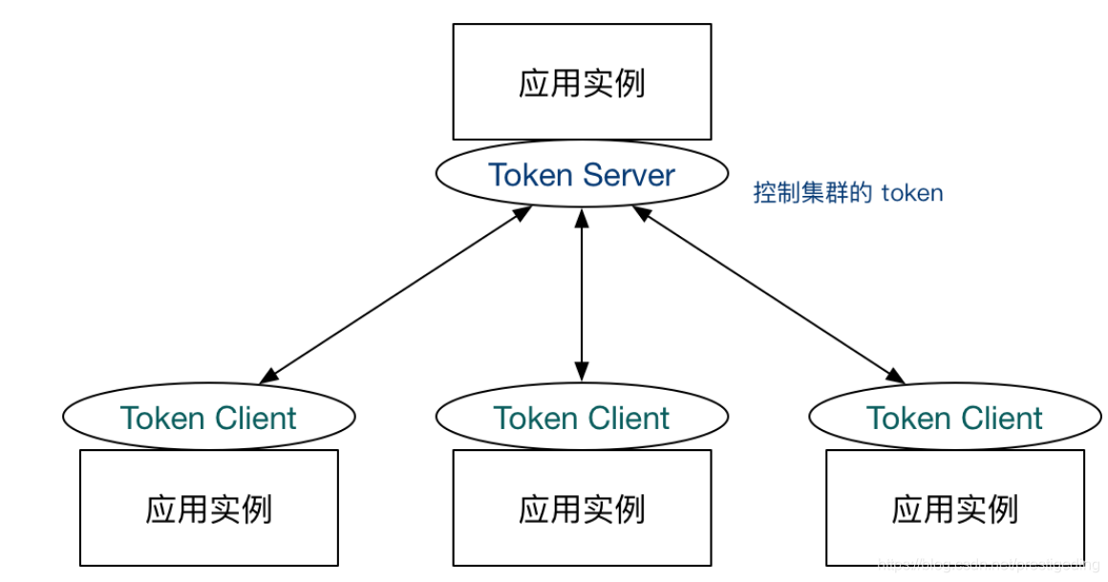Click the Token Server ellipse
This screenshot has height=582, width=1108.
582,175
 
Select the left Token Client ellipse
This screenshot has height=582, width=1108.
208,418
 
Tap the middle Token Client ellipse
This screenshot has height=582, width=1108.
582,418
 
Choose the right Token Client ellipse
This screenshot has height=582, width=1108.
954,418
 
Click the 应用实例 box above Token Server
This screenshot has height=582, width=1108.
582,83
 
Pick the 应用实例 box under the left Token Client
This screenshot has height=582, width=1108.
208,508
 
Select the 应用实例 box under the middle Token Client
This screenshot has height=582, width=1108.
582,508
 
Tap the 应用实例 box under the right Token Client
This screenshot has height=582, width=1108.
954,508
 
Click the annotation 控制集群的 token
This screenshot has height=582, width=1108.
847,193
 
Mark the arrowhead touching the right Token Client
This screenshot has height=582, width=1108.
896,376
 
